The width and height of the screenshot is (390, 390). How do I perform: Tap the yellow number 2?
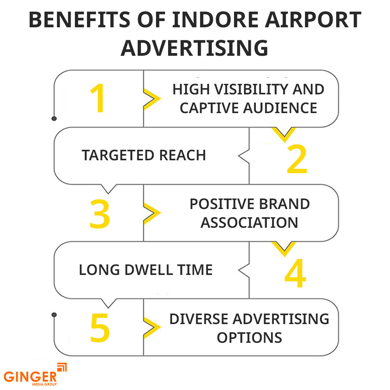[297, 160]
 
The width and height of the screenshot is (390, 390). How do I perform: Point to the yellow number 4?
[295, 274]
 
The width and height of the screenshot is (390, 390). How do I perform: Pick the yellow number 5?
[100, 328]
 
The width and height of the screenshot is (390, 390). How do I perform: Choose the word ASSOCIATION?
[249, 222]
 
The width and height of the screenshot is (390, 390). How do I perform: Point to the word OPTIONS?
[249, 337]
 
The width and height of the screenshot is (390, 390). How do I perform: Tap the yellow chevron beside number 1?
[152, 99]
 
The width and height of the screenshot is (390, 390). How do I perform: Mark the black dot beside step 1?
[54, 118]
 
